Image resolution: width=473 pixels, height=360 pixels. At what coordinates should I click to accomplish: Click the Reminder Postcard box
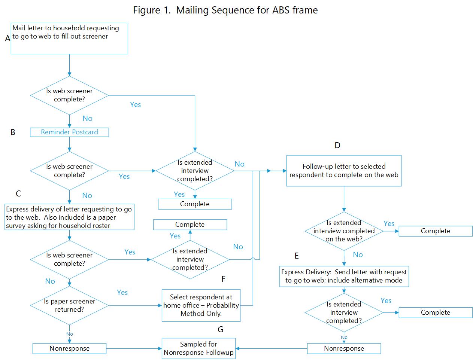coord(69,132)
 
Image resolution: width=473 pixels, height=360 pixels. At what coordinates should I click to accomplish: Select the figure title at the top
coord(225,10)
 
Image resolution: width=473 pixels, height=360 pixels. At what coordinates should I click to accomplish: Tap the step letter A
coord(7,38)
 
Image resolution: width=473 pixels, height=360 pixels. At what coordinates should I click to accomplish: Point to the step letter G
coord(220,329)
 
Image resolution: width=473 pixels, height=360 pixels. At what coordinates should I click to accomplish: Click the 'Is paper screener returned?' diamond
coord(69,305)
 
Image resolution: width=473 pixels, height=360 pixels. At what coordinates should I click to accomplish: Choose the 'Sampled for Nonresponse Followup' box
coord(198,348)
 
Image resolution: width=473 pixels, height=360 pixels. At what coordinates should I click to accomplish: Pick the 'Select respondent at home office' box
coord(201,305)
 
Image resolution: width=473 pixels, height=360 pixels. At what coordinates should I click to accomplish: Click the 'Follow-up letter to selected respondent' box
coord(344,171)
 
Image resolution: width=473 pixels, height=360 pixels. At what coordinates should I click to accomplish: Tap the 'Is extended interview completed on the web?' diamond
coord(344,231)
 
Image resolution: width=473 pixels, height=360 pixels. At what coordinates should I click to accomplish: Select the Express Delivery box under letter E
coord(344,276)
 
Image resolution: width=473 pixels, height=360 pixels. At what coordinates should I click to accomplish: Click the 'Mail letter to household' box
coord(69,38)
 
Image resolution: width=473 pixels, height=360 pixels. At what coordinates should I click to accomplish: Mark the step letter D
coord(337,146)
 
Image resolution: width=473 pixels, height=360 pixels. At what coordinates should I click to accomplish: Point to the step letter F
coord(224,279)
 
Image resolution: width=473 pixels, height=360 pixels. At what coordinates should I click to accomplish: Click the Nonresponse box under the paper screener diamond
coord(69,348)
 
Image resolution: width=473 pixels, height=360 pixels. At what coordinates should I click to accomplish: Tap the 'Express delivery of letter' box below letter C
coord(69,217)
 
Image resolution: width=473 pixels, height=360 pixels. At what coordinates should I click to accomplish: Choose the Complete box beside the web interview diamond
coord(435,231)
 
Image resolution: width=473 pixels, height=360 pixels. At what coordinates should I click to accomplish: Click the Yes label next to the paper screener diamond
coord(122,293)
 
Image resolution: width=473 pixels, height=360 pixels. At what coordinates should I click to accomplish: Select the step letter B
coord(13,132)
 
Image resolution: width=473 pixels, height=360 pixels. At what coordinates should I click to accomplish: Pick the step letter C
coord(18,193)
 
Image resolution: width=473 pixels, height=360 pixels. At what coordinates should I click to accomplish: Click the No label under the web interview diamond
coord(358,255)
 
